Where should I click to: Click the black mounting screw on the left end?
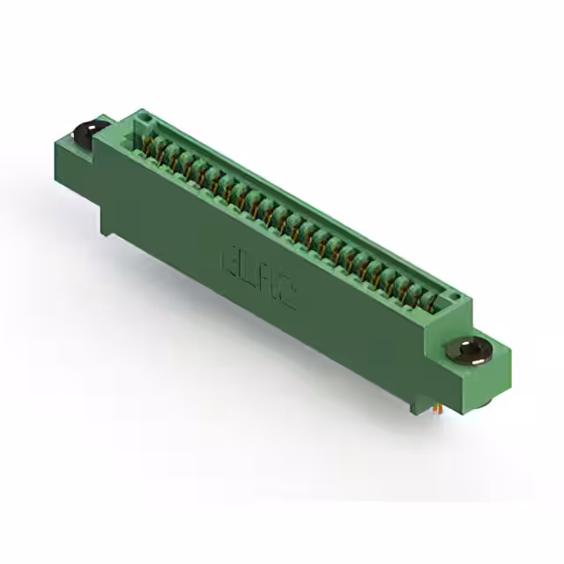pyautogui.click(x=87, y=133)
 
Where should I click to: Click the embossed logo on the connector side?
pyautogui.click(x=257, y=280)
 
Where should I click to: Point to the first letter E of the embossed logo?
pyautogui.click(x=226, y=261)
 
